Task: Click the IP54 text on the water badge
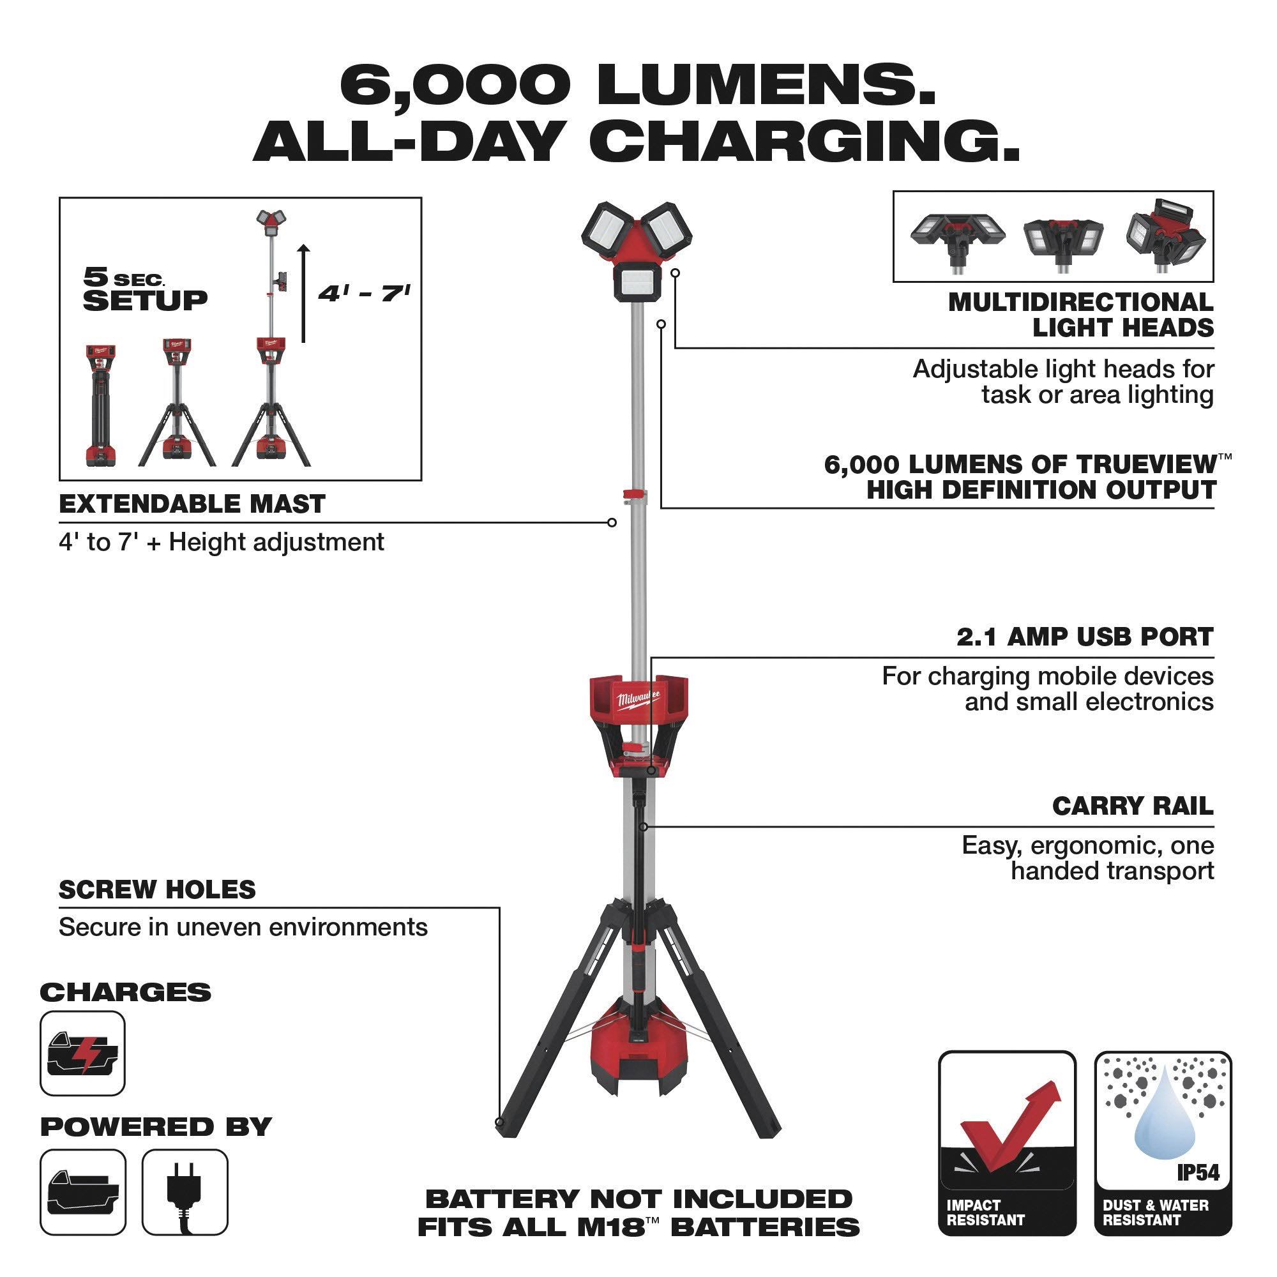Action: tap(1198, 1172)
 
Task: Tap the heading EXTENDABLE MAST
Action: tap(192, 504)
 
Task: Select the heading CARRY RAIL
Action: tap(1133, 806)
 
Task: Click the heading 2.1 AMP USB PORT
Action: tap(1085, 637)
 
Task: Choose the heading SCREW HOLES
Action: tap(157, 889)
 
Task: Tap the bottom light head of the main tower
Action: tap(638, 282)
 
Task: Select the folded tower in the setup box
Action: tap(101, 405)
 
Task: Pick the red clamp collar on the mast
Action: tap(635, 494)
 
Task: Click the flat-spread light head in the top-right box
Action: tap(958, 239)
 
